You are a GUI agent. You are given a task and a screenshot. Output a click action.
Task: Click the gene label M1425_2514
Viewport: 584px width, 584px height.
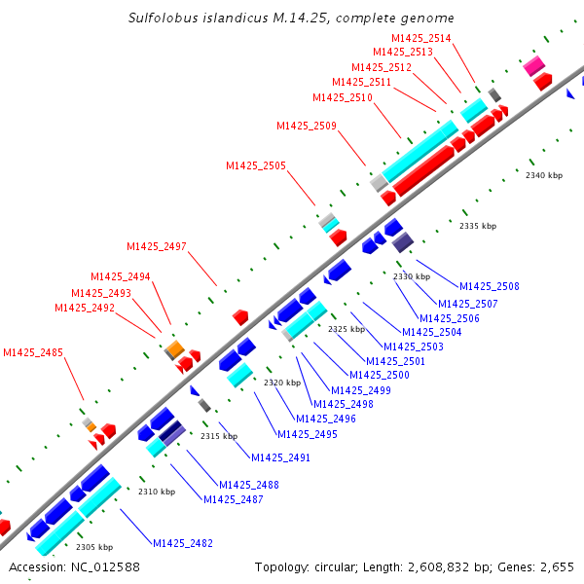(420, 38)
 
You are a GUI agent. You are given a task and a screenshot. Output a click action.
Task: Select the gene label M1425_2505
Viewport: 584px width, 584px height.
(256, 165)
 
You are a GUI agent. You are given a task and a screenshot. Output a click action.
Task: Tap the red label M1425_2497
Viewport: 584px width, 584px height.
(156, 246)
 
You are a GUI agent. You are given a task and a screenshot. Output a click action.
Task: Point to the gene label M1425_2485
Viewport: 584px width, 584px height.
(33, 352)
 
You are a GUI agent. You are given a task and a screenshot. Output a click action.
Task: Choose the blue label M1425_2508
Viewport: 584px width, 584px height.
(490, 286)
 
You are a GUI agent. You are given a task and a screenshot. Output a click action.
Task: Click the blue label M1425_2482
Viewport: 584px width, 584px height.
(182, 543)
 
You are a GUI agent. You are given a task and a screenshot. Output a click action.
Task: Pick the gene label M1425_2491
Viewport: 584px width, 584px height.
(280, 457)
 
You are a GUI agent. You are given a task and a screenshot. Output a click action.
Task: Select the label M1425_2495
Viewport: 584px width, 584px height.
(308, 434)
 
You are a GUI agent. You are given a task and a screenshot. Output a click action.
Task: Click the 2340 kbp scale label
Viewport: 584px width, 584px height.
(544, 176)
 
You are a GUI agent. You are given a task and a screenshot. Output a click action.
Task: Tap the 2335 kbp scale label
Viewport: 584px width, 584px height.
(478, 226)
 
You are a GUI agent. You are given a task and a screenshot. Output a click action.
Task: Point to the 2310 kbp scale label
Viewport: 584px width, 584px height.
(156, 492)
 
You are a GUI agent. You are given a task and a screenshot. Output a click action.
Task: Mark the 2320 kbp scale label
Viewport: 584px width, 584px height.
(281, 383)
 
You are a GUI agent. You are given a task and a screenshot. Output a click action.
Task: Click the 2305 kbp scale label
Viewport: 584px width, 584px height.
(94, 547)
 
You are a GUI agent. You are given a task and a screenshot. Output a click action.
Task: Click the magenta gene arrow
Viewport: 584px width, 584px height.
(533, 65)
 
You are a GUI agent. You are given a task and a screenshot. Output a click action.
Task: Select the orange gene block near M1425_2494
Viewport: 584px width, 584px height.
(174, 347)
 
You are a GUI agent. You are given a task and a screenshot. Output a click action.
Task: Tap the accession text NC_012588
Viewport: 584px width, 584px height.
(104, 566)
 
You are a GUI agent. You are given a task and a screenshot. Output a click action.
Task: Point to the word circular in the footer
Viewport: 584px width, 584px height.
(342, 566)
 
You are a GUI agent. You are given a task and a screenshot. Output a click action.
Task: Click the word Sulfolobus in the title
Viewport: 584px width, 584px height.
(162, 18)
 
